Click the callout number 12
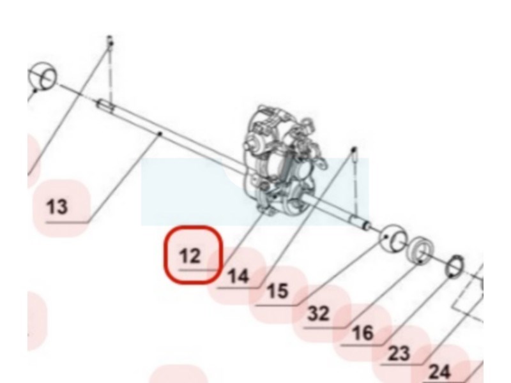[x=190, y=256]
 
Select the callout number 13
[x=57, y=207]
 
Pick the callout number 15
[x=278, y=291]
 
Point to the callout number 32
[x=318, y=313]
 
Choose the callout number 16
[x=362, y=333]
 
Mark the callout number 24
[x=439, y=372]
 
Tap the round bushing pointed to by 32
[x=393, y=238]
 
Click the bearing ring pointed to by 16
[x=421, y=250]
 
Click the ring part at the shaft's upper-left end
[x=43, y=75]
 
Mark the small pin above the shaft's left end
[x=110, y=41]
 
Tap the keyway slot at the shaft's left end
[x=105, y=105]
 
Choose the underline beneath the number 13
[x=67, y=223]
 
